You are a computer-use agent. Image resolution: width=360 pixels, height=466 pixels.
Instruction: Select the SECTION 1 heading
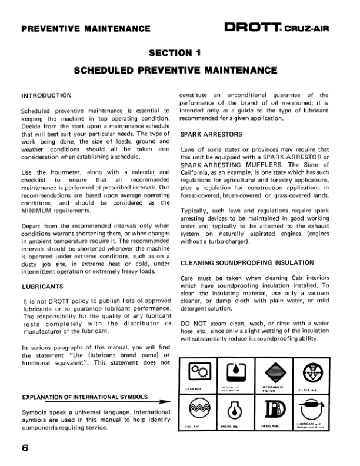click(175, 53)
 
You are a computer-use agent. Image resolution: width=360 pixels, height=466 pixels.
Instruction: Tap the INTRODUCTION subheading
click(46, 95)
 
